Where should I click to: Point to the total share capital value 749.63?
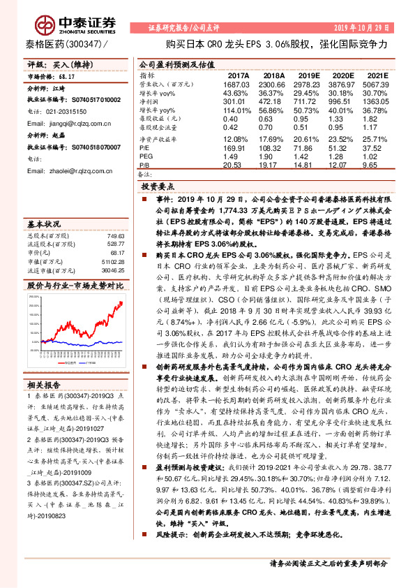[x=115, y=236]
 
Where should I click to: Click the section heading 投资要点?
[x=156, y=188]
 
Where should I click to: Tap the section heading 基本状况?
[x=44, y=224]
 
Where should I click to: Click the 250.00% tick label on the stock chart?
[x=33, y=295]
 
